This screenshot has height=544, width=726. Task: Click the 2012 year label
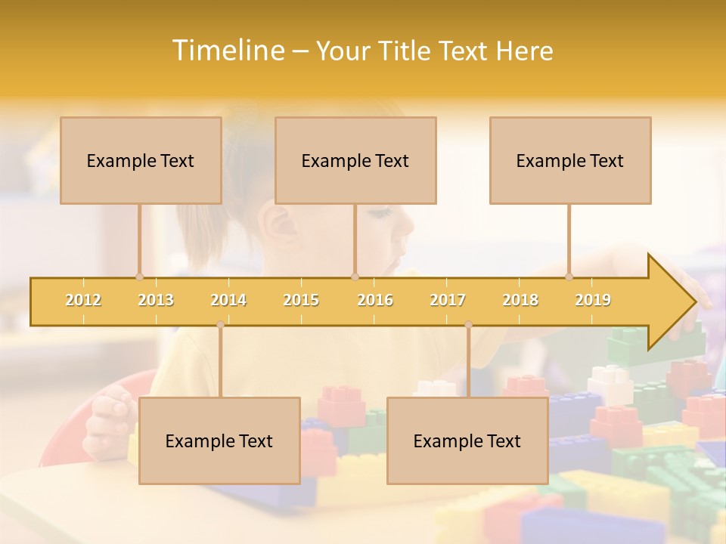click(83, 300)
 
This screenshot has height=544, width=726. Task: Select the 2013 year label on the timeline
click(156, 300)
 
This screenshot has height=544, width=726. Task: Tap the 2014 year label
click(228, 300)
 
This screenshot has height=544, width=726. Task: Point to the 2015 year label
click(301, 300)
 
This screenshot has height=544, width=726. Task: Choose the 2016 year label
click(375, 300)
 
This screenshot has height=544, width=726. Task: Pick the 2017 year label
click(448, 300)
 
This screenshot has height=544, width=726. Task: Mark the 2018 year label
click(520, 300)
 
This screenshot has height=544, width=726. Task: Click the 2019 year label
click(593, 300)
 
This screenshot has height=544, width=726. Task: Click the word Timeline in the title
click(228, 51)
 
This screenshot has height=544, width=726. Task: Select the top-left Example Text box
click(141, 160)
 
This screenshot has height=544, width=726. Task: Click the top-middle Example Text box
click(355, 160)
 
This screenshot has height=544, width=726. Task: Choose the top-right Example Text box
click(570, 160)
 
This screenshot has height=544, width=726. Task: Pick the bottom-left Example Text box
click(219, 440)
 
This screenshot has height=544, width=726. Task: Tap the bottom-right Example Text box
click(467, 440)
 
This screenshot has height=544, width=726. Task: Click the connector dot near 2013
click(139, 277)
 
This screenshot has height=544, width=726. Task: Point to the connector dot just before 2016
click(355, 277)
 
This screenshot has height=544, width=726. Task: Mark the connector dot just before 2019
click(569, 277)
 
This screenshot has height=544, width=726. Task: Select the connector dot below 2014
click(220, 325)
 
